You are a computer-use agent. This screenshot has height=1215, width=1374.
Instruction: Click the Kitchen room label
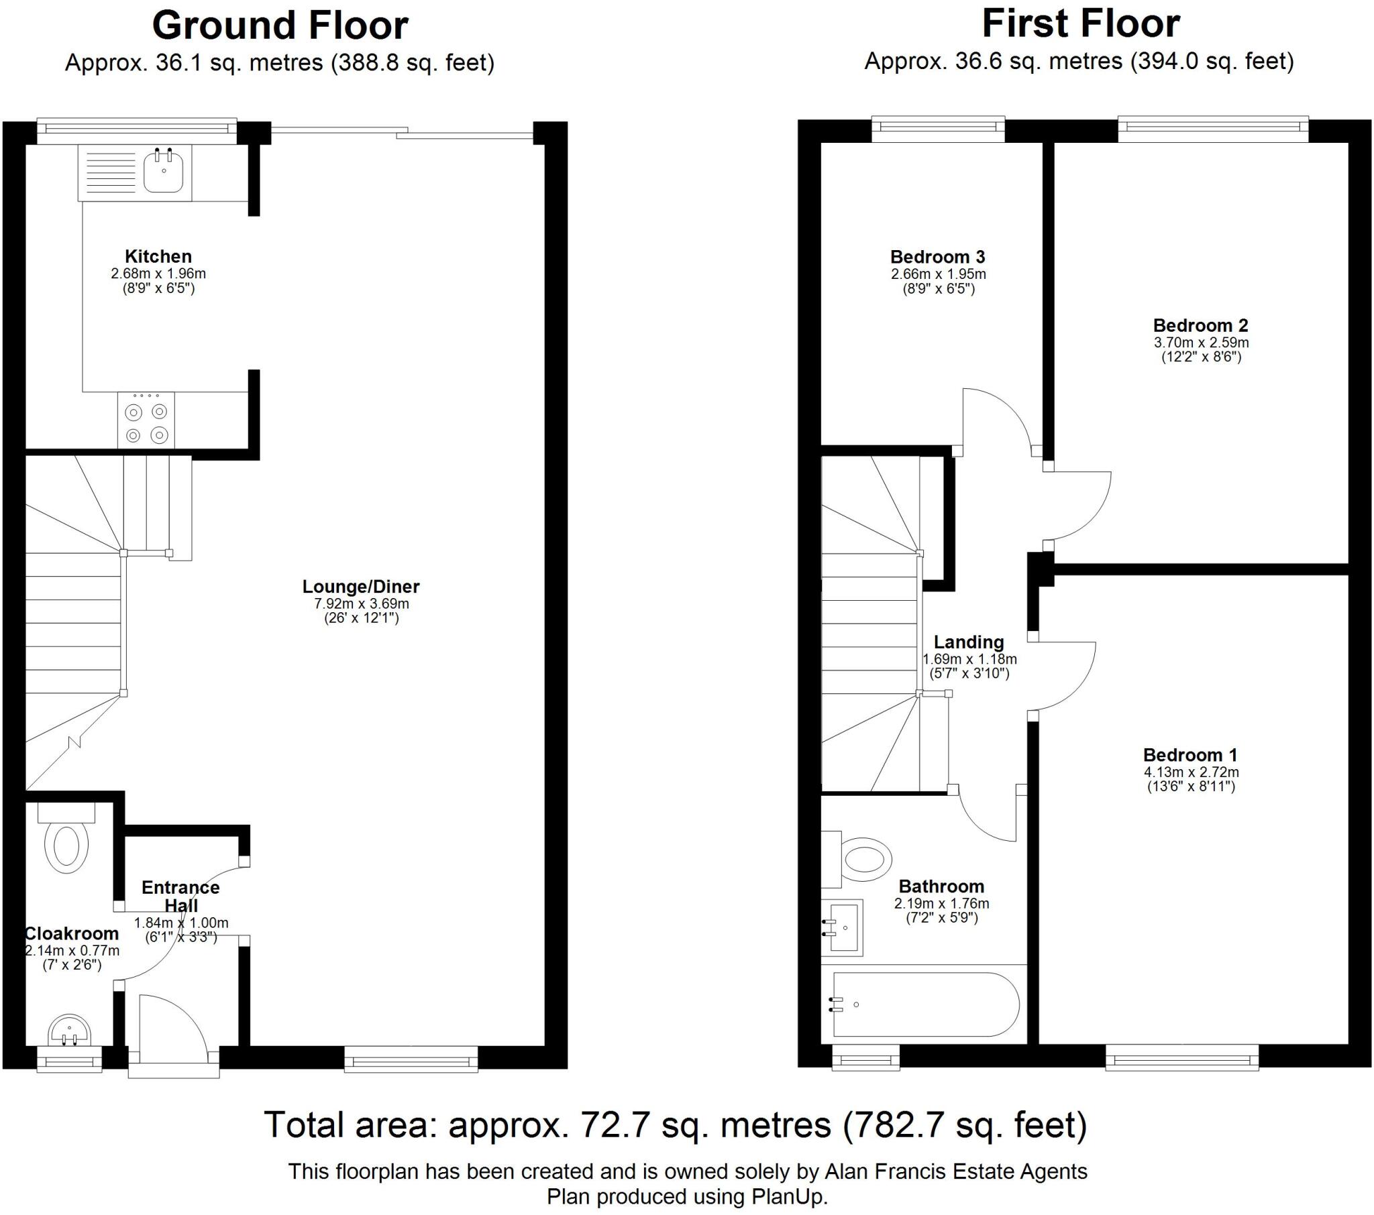(158, 256)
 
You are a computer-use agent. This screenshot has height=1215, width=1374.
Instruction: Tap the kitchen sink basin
(163, 172)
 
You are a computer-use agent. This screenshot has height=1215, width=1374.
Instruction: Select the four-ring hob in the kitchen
(146, 421)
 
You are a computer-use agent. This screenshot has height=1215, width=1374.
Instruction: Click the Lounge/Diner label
(361, 586)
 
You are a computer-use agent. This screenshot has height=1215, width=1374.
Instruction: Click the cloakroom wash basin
(69, 1029)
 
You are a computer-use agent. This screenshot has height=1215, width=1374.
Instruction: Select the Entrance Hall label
(181, 896)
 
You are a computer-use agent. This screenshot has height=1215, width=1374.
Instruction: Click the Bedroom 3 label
(938, 257)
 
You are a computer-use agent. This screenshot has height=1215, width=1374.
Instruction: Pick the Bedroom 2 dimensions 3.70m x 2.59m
(1201, 342)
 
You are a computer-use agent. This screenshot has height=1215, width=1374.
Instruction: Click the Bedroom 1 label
(1190, 754)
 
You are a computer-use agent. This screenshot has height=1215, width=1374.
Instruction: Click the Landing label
(969, 642)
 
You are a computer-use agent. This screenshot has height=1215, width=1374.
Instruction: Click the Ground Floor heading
(280, 25)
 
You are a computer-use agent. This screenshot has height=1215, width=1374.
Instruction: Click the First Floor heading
(1080, 23)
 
